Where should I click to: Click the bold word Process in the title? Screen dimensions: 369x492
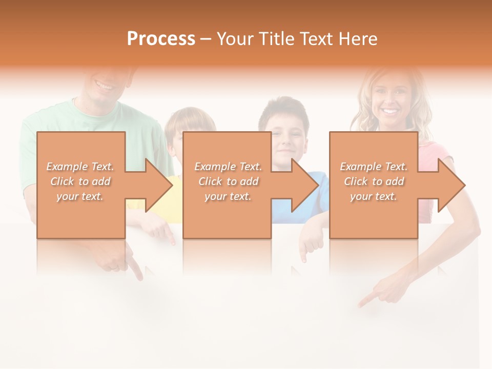tap(161, 39)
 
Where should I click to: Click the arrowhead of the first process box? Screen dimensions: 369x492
tap(159, 185)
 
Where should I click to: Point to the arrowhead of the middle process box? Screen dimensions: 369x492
tap(305, 185)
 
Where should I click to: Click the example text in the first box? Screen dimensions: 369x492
tap(80, 181)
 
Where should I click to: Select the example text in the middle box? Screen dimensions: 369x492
tap(228, 181)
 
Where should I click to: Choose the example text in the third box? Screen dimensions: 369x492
tap(374, 181)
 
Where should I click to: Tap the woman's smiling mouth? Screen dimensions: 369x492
tap(391, 111)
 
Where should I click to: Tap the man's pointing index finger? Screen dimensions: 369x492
tap(136, 269)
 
